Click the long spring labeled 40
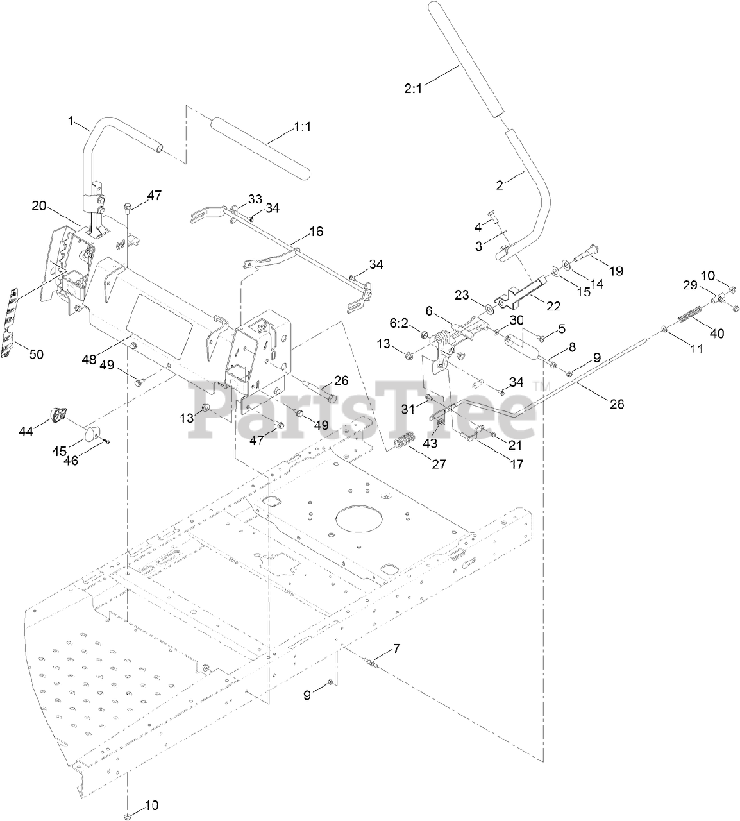pos(688,317)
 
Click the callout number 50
pos(37,353)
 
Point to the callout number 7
pos(397,648)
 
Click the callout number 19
pos(615,271)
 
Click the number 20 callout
pos(39,205)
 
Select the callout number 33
pos(237,198)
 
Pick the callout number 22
pos(552,307)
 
